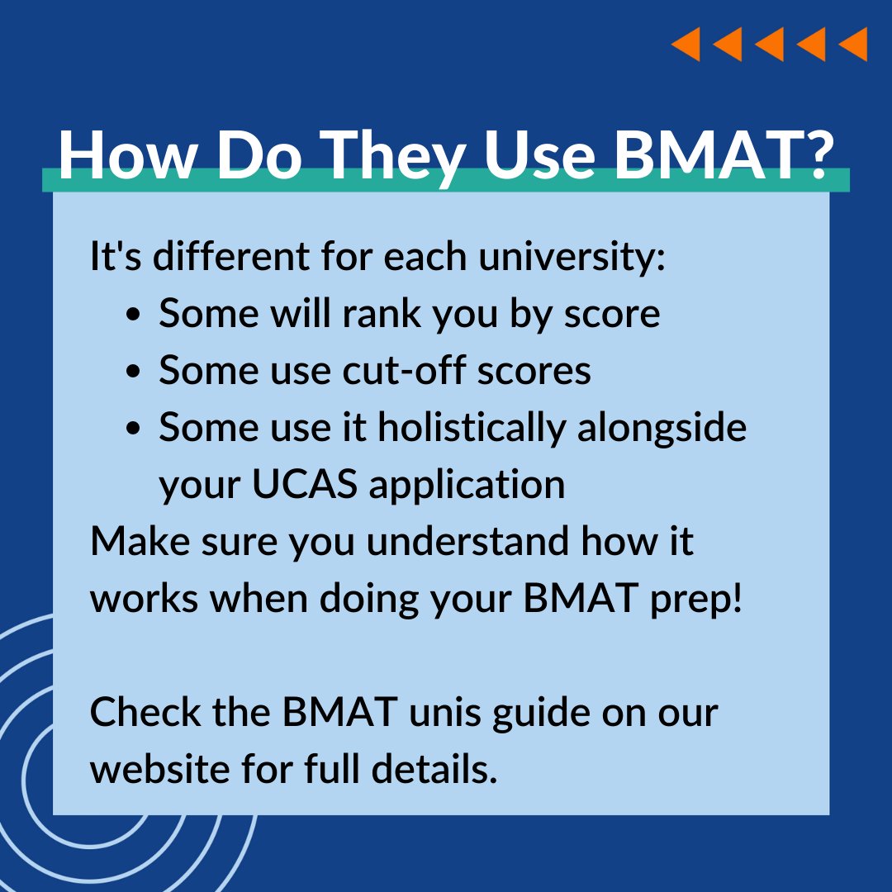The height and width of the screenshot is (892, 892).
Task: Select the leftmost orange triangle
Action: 686,44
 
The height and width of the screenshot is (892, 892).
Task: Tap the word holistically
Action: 472,428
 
